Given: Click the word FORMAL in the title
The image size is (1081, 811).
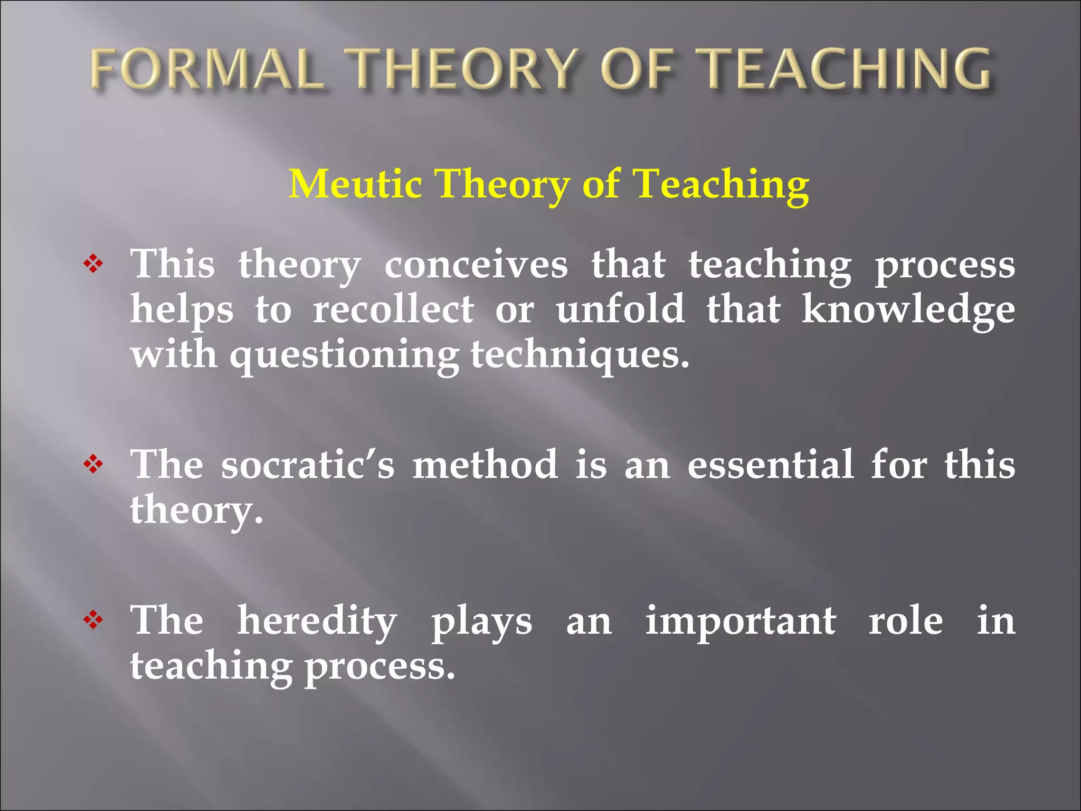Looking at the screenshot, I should [206, 69].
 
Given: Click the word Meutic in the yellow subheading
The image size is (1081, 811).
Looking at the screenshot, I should [355, 184].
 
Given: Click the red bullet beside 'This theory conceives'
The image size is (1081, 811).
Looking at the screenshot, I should [93, 263].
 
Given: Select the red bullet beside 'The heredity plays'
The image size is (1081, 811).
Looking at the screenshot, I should [93, 620].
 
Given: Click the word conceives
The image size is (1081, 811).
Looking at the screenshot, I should [476, 264].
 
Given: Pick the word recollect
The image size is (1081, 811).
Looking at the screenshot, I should [393, 309].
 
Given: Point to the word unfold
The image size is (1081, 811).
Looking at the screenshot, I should [621, 309].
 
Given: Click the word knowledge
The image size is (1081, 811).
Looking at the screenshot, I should [908, 310].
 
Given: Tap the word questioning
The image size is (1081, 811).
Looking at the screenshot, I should [344, 356].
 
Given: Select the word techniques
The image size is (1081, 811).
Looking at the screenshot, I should [580, 356].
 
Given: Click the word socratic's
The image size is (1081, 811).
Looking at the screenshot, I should [308, 465].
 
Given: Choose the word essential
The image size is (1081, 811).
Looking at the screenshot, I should [770, 465].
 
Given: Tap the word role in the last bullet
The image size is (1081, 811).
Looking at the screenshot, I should [906, 621].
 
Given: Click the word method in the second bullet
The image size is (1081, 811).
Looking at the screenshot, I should [485, 465].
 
